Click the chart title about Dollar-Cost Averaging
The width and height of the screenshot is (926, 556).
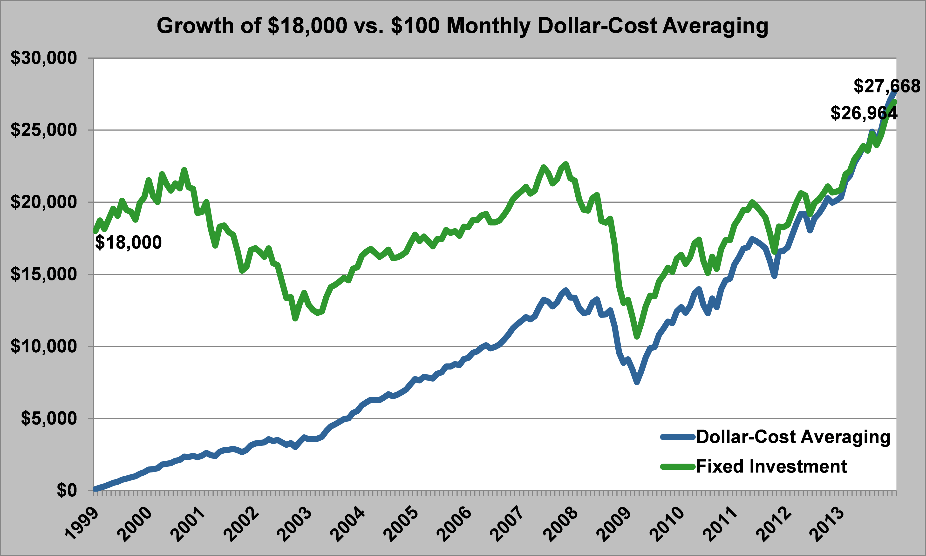pos(462,26)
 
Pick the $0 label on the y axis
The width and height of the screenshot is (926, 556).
pos(67,490)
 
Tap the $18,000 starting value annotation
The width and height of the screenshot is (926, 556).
pos(128,243)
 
